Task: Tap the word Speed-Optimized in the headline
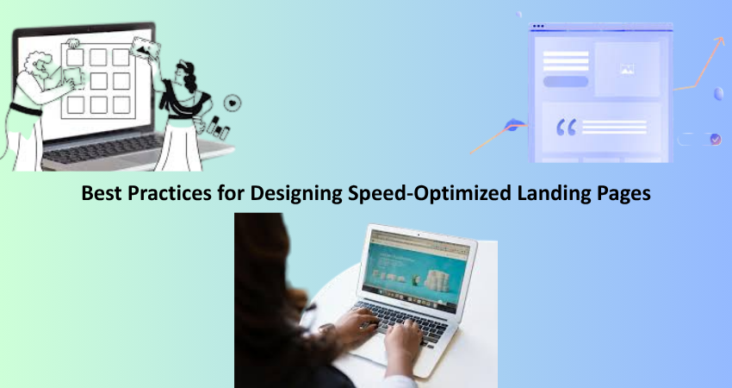coord(430,193)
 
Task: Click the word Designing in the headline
coord(296,193)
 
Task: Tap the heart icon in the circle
coord(233,103)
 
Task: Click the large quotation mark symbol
coord(567,127)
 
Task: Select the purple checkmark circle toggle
coord(715,139)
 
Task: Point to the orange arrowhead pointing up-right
coord(719,41)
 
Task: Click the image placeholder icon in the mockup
coord(627,69)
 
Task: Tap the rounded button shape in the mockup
coord(565,81)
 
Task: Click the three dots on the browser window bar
coord(538,26)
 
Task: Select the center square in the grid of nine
coord(98,81)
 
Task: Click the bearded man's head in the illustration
coord(40,65)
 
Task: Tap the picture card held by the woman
coord(146,48)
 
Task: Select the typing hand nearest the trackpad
coord(402,339)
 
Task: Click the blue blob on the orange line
coord(512,125)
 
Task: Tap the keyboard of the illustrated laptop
coord(102,147)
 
